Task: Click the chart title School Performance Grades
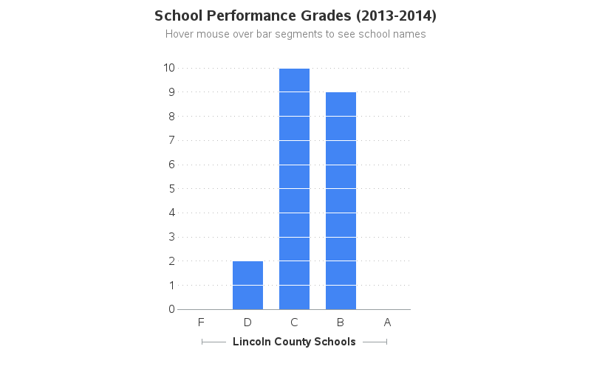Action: [x=295, y=15]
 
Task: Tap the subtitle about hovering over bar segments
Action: [x=295, y=34]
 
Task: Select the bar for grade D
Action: [x=247, y=285]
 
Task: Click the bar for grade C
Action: [x=294, y=188]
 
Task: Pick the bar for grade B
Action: [x=341, y=201]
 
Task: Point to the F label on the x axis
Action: [x=201, y=322]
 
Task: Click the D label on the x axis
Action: [x=247, y=322]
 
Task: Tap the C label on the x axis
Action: [x=294, y=322]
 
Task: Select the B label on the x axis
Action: [x=341, y=322]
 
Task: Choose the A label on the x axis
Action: [x=387, y=322]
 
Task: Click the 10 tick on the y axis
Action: [x=169, y=68]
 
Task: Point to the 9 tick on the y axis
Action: [x=171, y=92]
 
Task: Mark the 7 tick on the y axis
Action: [x=171, y=140]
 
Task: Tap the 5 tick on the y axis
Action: [x=171, y=188]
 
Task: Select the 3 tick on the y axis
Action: [x=171, y=237]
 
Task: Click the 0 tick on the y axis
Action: [x=171, y=309]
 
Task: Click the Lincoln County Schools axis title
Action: [x=294, y=342]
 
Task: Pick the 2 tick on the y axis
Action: [x=171, y=261]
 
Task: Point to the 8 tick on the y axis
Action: [x=171, y=117]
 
